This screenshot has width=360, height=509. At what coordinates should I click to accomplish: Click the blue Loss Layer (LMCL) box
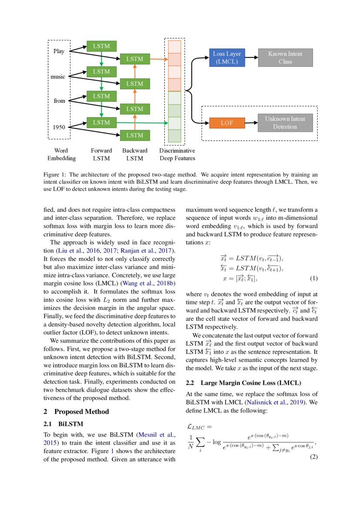tap(227, 57)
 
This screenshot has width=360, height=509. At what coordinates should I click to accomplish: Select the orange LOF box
tap(227, 123)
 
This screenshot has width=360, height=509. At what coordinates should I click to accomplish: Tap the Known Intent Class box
tap(285, 57)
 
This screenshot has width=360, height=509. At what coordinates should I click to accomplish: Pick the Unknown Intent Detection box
tap(285, 123)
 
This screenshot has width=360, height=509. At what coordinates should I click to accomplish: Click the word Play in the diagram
tap(59, 51)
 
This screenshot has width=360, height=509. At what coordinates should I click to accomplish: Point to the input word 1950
tap(59, 127)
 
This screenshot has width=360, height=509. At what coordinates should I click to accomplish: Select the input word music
tap(58, 77)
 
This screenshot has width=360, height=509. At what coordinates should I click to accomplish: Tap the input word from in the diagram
tap(59, 101)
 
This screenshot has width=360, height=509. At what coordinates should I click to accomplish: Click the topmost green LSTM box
tap(101, 46)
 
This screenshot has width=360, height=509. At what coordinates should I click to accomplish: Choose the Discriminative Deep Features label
tap(177, 155)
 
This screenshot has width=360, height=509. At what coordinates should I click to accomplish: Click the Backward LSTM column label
tap(135, 155)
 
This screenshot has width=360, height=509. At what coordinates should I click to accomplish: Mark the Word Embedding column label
tap(61, 155)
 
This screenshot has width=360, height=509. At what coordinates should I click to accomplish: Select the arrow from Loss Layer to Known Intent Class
tap(252, 57)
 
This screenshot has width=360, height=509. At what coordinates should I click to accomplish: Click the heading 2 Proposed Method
tap(77, 411)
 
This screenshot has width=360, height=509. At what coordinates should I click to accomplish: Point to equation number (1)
tap(313, 278)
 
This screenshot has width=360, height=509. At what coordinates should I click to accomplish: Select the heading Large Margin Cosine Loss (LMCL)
tap(250, 383)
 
